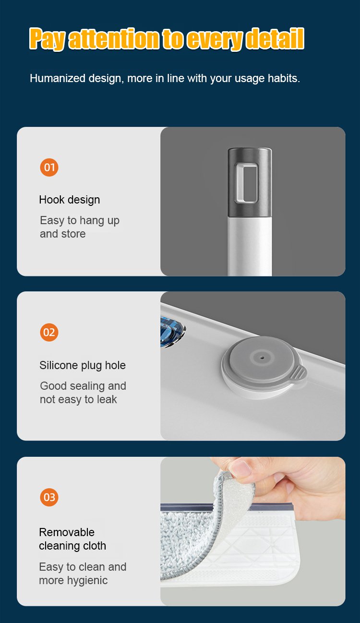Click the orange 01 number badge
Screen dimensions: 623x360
[49, 168]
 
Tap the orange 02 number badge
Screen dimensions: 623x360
[49, 332]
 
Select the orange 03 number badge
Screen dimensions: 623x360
[49, 497]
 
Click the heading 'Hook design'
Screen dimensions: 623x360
[70, 200]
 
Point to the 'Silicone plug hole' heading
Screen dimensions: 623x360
[83, 365]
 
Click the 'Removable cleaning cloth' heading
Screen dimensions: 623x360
[72, 539]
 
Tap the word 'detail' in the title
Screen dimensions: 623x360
[275, 39]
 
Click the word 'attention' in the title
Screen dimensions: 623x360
[114, 39]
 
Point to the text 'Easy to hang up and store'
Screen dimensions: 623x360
[79, 227]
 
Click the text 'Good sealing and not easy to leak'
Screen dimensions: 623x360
[83, 393]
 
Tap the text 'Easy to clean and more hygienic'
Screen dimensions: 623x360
[83, 574]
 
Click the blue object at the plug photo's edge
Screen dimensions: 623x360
[172, 331]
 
